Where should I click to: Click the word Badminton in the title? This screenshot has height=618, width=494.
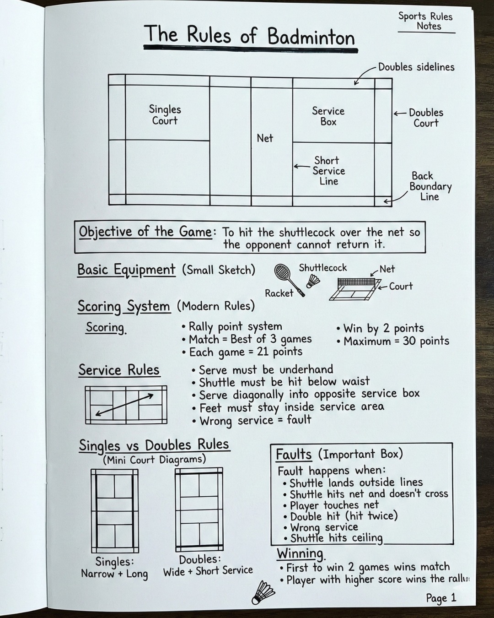311,37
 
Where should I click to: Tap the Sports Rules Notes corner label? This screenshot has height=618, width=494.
425,21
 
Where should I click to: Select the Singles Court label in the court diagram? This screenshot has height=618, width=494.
165,114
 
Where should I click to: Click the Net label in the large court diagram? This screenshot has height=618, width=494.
265,138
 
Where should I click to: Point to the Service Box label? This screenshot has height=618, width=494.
328,116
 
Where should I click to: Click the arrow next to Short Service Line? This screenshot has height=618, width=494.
302,166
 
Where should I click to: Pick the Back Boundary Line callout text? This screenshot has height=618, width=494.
430,186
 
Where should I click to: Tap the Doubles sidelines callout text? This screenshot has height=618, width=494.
416,67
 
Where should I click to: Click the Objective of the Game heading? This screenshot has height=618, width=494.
145,232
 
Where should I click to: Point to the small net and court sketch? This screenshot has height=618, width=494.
355,289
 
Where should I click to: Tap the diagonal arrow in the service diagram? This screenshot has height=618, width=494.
124,404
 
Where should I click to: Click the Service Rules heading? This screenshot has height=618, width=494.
119,370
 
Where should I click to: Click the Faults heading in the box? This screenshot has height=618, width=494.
293,455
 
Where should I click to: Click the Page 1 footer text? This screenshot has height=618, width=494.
441,597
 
